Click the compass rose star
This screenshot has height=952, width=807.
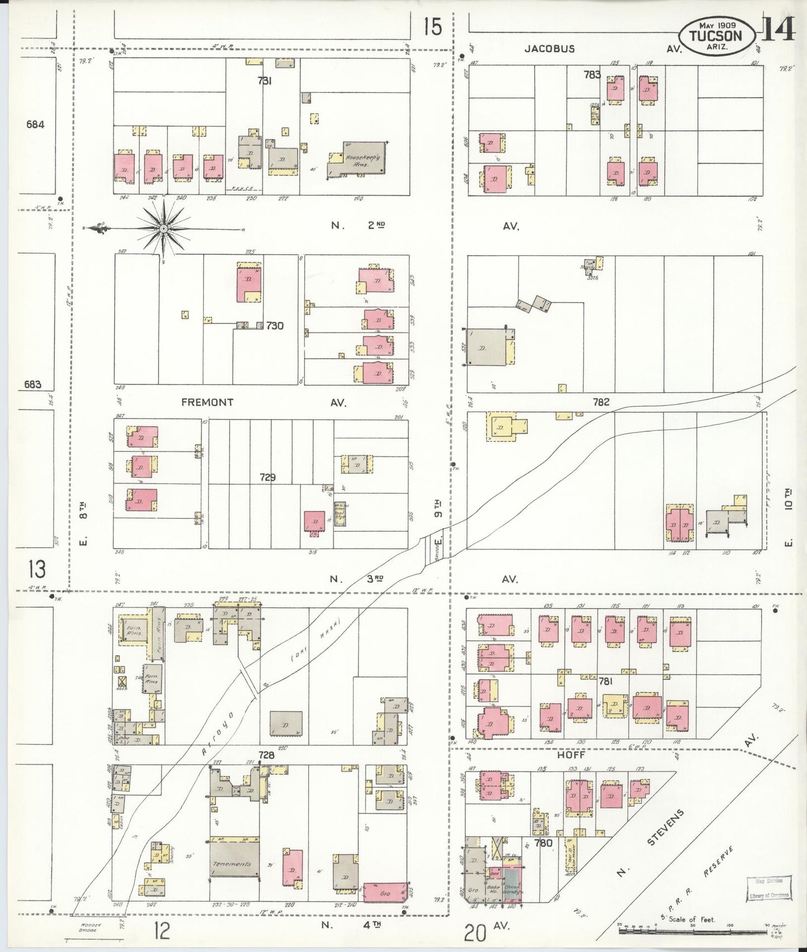164,229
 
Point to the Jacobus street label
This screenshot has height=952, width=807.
550,49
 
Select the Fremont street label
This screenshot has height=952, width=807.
207,402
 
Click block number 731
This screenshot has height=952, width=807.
265,80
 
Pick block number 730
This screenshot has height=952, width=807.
275,325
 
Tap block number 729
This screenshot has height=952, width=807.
268,478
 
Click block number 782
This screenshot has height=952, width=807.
601,402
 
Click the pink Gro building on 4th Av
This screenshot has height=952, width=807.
384,893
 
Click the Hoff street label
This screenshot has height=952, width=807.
571,754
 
